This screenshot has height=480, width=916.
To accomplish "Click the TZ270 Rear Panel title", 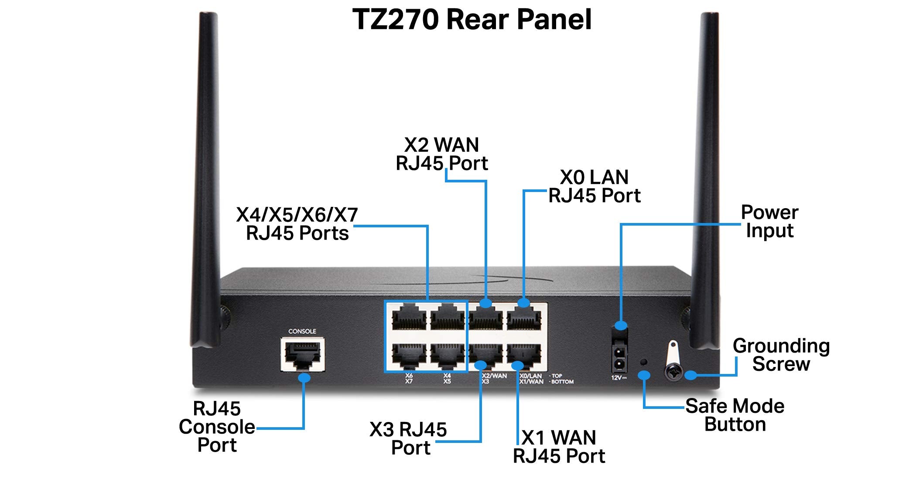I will click(x=472, y=20).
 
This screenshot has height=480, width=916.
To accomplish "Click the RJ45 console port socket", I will click(x=302, y=355).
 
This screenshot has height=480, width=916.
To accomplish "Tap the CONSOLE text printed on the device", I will click(x=302, y=331).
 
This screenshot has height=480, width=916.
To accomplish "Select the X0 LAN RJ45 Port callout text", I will click(x=594, y=186).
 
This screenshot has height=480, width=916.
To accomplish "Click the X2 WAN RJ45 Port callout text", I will click(x=441, y=154).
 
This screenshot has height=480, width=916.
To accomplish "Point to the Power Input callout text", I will click(x=769, y=221).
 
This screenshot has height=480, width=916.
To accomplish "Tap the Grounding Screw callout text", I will click(x=781, y=355).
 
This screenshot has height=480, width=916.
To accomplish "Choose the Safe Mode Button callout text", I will click(x=735, y=415).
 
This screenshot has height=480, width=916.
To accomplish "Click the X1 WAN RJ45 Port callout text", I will click(x=559, y=447).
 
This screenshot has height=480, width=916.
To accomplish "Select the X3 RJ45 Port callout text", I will click(x=409, y=439).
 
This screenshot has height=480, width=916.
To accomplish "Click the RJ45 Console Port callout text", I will click(x=217, y=427).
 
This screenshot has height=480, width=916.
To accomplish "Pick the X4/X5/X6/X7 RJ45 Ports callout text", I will click(x=297, y=224).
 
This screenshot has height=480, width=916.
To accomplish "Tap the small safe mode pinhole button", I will click(x=643, y=362).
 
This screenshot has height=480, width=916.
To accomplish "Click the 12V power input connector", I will click(x=619, y=358).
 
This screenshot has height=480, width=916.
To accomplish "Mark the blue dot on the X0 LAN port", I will click(x=523, y=303).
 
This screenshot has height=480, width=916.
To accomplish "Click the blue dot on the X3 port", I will click(x=480, y=364).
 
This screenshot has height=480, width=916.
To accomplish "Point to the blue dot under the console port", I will click(x=304, y=377).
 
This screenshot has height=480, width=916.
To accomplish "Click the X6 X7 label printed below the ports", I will click(x=409, y=378).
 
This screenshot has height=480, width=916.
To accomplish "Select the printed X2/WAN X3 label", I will click(x=493, y=378).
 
